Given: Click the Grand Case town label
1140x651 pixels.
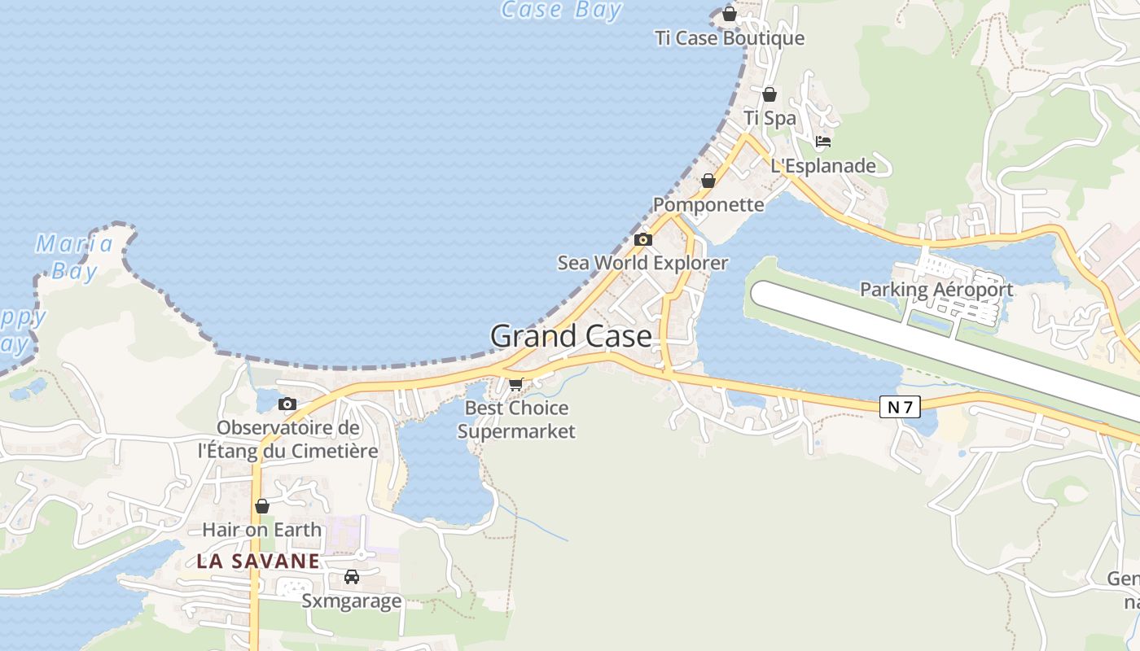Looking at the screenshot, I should tap(571, 336).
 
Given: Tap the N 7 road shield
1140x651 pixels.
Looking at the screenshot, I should tap(899, 407).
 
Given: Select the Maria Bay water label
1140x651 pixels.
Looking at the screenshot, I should tap(74, 256).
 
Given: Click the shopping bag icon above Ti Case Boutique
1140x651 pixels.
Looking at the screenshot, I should tap(730, 14).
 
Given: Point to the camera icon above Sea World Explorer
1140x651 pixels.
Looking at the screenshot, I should tap(643, 239).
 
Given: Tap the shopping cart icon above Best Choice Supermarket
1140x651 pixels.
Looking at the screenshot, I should tap(515, 384).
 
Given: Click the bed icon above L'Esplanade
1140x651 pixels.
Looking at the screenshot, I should tap(823, 142).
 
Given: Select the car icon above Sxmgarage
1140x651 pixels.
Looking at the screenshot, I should tap(352, 577).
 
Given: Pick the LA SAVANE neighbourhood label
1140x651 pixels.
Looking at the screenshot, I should tap(258, 561).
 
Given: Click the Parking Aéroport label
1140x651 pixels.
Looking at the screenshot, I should tap(936, 289).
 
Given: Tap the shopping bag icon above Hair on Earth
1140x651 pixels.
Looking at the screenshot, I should tap(262, 506).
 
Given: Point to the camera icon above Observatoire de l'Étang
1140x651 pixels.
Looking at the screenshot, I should tap(287, 404).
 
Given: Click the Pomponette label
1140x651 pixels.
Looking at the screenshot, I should tap(708, 204).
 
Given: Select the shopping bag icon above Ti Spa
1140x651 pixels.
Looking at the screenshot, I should tap(769, 94).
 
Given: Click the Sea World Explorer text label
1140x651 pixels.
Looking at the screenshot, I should tap(642, 263).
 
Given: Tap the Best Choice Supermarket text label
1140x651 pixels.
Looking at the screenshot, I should tap(516, 419).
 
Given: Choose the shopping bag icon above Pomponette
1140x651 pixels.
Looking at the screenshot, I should tap(708, 181).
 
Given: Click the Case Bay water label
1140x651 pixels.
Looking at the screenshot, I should tap(561, 10).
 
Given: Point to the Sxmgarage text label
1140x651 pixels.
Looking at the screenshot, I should tap(352, 601).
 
